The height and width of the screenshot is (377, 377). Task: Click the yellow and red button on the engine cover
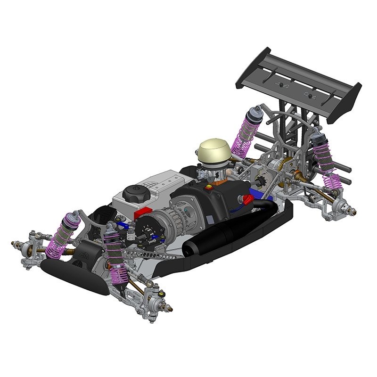[x=208, y=187]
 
